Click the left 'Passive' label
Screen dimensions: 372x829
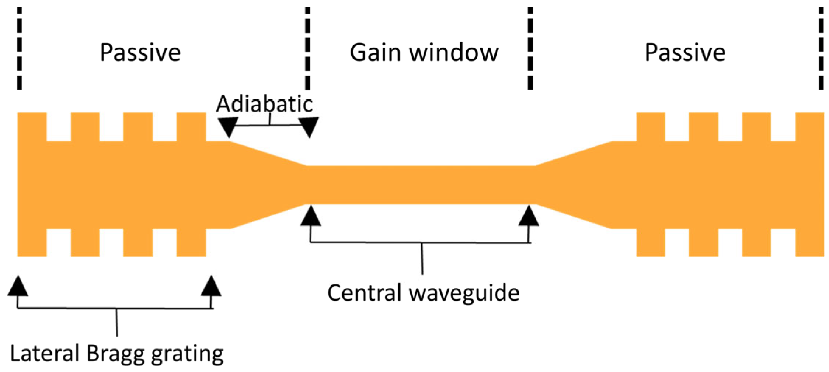pos(140,52)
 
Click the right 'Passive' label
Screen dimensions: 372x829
pos(685,52)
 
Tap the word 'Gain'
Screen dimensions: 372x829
pos(375,52)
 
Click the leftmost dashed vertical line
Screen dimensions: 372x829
pos(20,48)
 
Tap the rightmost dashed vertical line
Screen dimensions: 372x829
pos(821,48)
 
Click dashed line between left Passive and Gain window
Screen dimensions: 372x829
pos(307,48)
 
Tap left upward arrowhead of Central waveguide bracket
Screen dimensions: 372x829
pos(311,216)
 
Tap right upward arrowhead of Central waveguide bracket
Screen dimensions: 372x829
pos(529,216)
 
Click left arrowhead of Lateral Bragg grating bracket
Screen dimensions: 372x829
pos(18,286)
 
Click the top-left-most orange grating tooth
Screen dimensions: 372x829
pos(32,126)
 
